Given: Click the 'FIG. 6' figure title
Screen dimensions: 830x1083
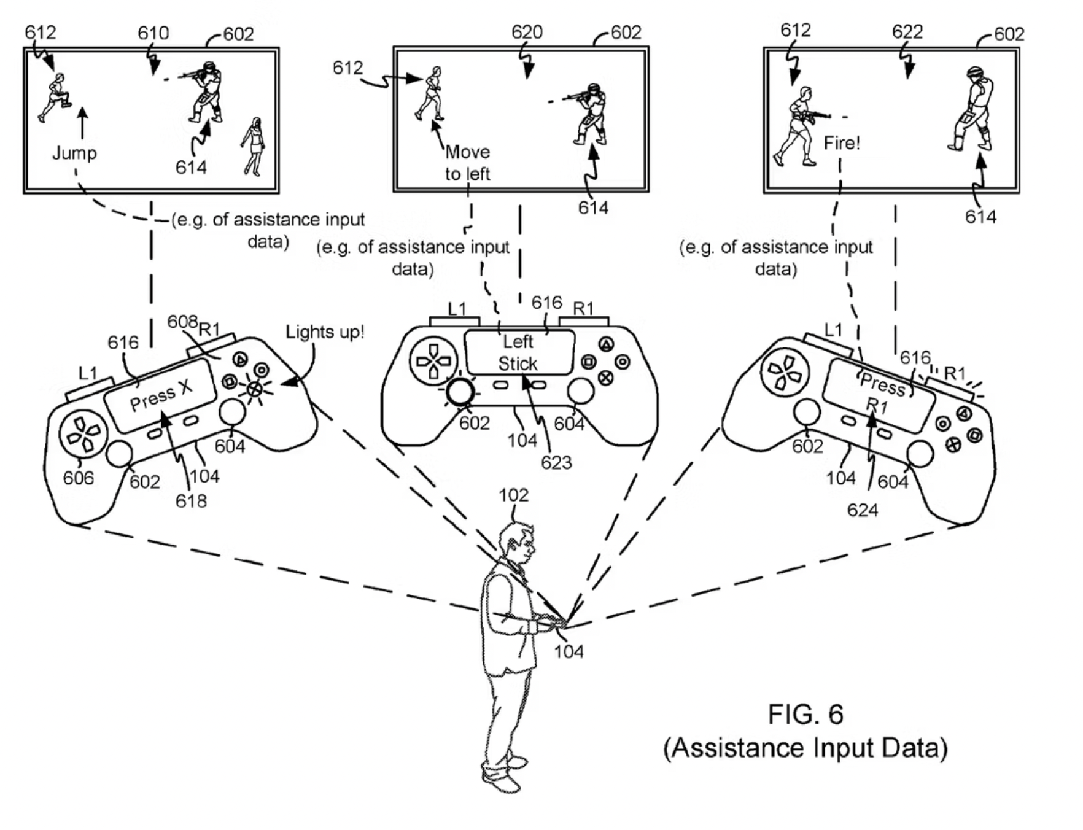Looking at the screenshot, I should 805,715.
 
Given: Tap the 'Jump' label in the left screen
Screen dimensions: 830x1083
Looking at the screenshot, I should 74,153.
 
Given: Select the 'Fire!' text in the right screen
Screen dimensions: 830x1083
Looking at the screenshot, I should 841,143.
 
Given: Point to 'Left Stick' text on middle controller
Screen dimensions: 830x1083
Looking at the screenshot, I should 518,352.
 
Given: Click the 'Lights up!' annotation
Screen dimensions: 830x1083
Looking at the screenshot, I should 325,332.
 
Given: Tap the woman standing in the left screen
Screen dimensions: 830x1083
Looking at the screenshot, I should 254,146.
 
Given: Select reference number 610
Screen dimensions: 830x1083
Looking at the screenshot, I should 153,33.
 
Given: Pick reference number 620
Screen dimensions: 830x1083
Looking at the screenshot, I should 527,32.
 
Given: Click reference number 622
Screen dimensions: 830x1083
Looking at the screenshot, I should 907,31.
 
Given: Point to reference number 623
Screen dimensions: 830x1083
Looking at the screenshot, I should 556,462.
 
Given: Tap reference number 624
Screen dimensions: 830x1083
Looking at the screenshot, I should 862,510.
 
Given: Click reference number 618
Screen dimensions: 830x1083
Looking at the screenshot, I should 191,501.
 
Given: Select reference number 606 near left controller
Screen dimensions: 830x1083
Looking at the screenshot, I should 79,478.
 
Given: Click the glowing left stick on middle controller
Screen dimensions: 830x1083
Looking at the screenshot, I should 460,392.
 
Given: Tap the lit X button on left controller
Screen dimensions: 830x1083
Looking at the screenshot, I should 254,389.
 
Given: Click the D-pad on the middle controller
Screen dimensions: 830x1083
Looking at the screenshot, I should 433,361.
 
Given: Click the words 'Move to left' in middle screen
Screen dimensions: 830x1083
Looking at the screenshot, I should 467,163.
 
